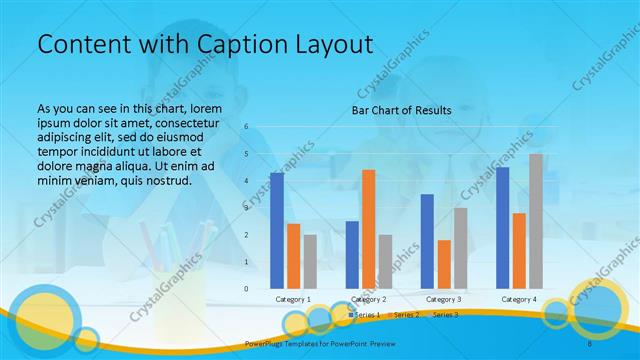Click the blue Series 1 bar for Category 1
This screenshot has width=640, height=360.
[277, 231]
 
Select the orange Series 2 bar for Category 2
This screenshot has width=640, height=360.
[368, 229]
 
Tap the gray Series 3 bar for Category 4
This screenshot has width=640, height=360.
[536, 221]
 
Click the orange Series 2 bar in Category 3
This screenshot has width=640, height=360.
[444, 264]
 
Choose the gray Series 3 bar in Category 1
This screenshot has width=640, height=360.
[310, 261]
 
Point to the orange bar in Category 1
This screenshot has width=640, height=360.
[293, 256]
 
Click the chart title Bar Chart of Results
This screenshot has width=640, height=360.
[401, 110]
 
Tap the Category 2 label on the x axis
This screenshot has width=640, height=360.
[369, 299]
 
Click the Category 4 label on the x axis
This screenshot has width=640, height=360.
[519, 299]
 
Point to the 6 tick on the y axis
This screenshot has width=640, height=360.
[246, 127]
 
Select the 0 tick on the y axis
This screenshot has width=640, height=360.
[246, 289]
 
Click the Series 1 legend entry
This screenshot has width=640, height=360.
[367, 315]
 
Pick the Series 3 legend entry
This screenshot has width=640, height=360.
[445, 315]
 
